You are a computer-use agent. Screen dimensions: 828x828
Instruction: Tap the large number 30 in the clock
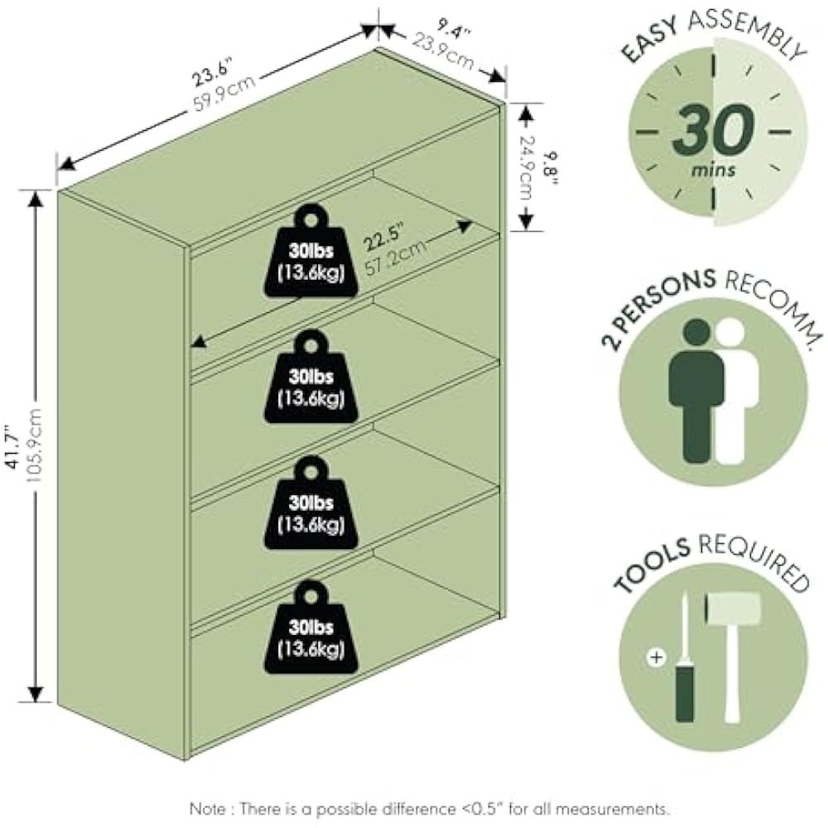(x=713, y=131)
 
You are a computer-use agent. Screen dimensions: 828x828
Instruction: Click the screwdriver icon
(x=686, y=662)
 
